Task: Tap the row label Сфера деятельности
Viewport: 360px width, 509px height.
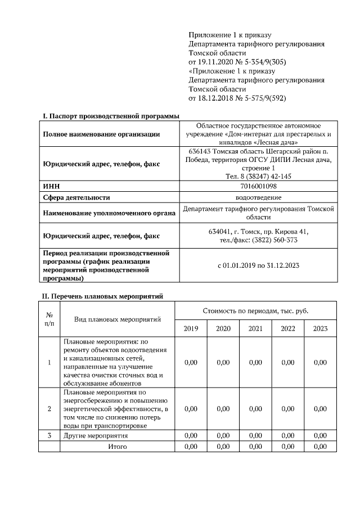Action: (x=76, y=197)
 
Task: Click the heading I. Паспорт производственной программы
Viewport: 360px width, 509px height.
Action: (x=111, y=116)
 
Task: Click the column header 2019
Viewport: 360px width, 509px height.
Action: (x=191, y=328)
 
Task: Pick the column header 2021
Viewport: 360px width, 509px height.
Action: (x=255, y=328)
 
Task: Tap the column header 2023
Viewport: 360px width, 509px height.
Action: (x=320, y=328)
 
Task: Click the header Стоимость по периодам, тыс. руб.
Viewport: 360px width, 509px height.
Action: (x=255, y=310)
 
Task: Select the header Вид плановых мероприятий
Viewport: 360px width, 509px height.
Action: (x=118, y=319)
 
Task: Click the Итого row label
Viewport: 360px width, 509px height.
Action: (x=118, y=446)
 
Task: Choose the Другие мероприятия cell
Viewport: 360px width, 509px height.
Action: (x=96, y=435)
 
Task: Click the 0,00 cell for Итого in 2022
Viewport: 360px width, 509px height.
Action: (x=288, y=446)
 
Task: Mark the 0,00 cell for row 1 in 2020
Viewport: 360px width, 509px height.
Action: (x=223, y=363)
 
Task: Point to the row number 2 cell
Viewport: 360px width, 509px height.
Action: (x=49, y=408)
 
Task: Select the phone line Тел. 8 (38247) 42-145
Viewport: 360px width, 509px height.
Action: (x=259, y=176)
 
